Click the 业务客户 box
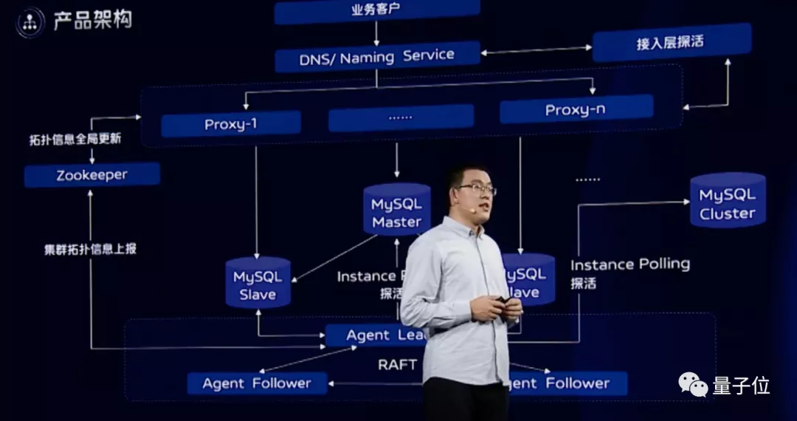click(x=376, y=10)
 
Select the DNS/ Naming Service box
click(x=376, y=57)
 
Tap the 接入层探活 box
click(x=671, y=42)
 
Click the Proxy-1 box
click(x=230, y=124)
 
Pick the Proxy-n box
click(x=576, y=110)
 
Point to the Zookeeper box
click(x=92, y=175)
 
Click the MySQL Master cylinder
click(x=396, y=210)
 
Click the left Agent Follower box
click(x=256, y=383)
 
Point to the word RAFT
click(x=397, y=364)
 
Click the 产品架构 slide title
click(x=92, y=21)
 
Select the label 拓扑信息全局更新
click(x=75, y=139)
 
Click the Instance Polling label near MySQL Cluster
click(x=629, y=264)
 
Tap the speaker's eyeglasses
click(x=476, y=189)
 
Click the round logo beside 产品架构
click(x=30, y=22)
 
